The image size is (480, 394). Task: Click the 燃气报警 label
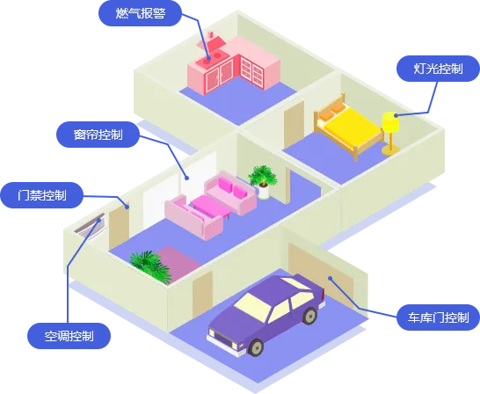(140, 13)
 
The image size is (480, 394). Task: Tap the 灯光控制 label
(438, 69)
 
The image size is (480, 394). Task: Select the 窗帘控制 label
(98, 135)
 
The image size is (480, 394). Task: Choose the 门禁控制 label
(41, 195)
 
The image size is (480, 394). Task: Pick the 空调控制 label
(69, 336)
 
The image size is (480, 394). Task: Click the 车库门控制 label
(438, 317)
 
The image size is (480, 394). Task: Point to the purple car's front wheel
(256, 347)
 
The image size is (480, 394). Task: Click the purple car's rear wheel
(310, 316)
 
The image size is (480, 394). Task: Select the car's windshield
(252, 307)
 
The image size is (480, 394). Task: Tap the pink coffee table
(211, 207)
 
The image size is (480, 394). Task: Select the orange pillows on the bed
(331, 111)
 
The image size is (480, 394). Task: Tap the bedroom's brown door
(295, 124)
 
